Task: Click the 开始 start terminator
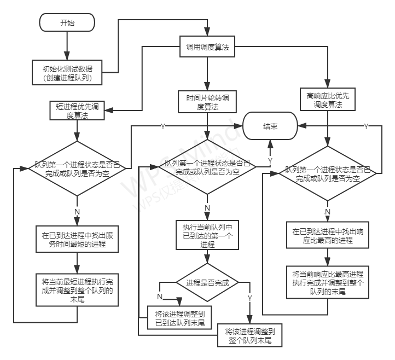coord(67,23)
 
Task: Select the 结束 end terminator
coord(270,126)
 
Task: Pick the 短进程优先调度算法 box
coord(78,111)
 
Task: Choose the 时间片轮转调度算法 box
coord(207,102)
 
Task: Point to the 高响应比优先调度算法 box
coord(328,100)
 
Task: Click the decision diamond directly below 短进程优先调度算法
coord(78,169)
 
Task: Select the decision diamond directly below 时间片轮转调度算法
coord(207,167)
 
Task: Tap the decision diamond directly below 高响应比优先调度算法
coord(328,174)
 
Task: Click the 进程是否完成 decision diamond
coord(207,283)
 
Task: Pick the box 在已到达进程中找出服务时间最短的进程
coord(78,240)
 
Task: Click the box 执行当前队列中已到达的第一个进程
coord(207,235)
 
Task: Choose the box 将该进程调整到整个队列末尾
coord(249,335)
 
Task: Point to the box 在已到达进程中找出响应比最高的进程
coord(328,236)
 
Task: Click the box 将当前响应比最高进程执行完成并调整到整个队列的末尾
coord(328,282)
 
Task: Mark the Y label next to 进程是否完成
coord(249,297)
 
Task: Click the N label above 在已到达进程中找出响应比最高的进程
coord(328,211)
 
